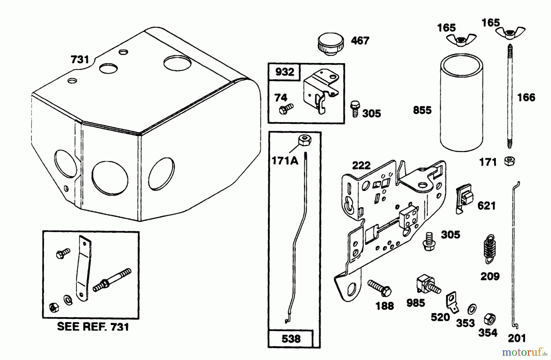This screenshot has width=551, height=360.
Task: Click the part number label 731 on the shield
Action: pos(80,59)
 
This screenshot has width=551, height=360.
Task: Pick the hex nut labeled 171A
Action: pos(305,141)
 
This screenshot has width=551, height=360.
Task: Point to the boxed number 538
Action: pos(291,339)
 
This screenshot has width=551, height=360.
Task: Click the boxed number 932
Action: pos(284,72)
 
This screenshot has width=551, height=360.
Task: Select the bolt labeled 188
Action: pos(380,288)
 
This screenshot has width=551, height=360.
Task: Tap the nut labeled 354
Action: pos(490,320)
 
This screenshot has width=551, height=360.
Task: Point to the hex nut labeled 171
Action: pos(509,161)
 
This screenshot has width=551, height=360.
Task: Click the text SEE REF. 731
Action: pos(93,327)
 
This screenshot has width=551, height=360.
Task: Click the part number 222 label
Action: pos(361,166)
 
